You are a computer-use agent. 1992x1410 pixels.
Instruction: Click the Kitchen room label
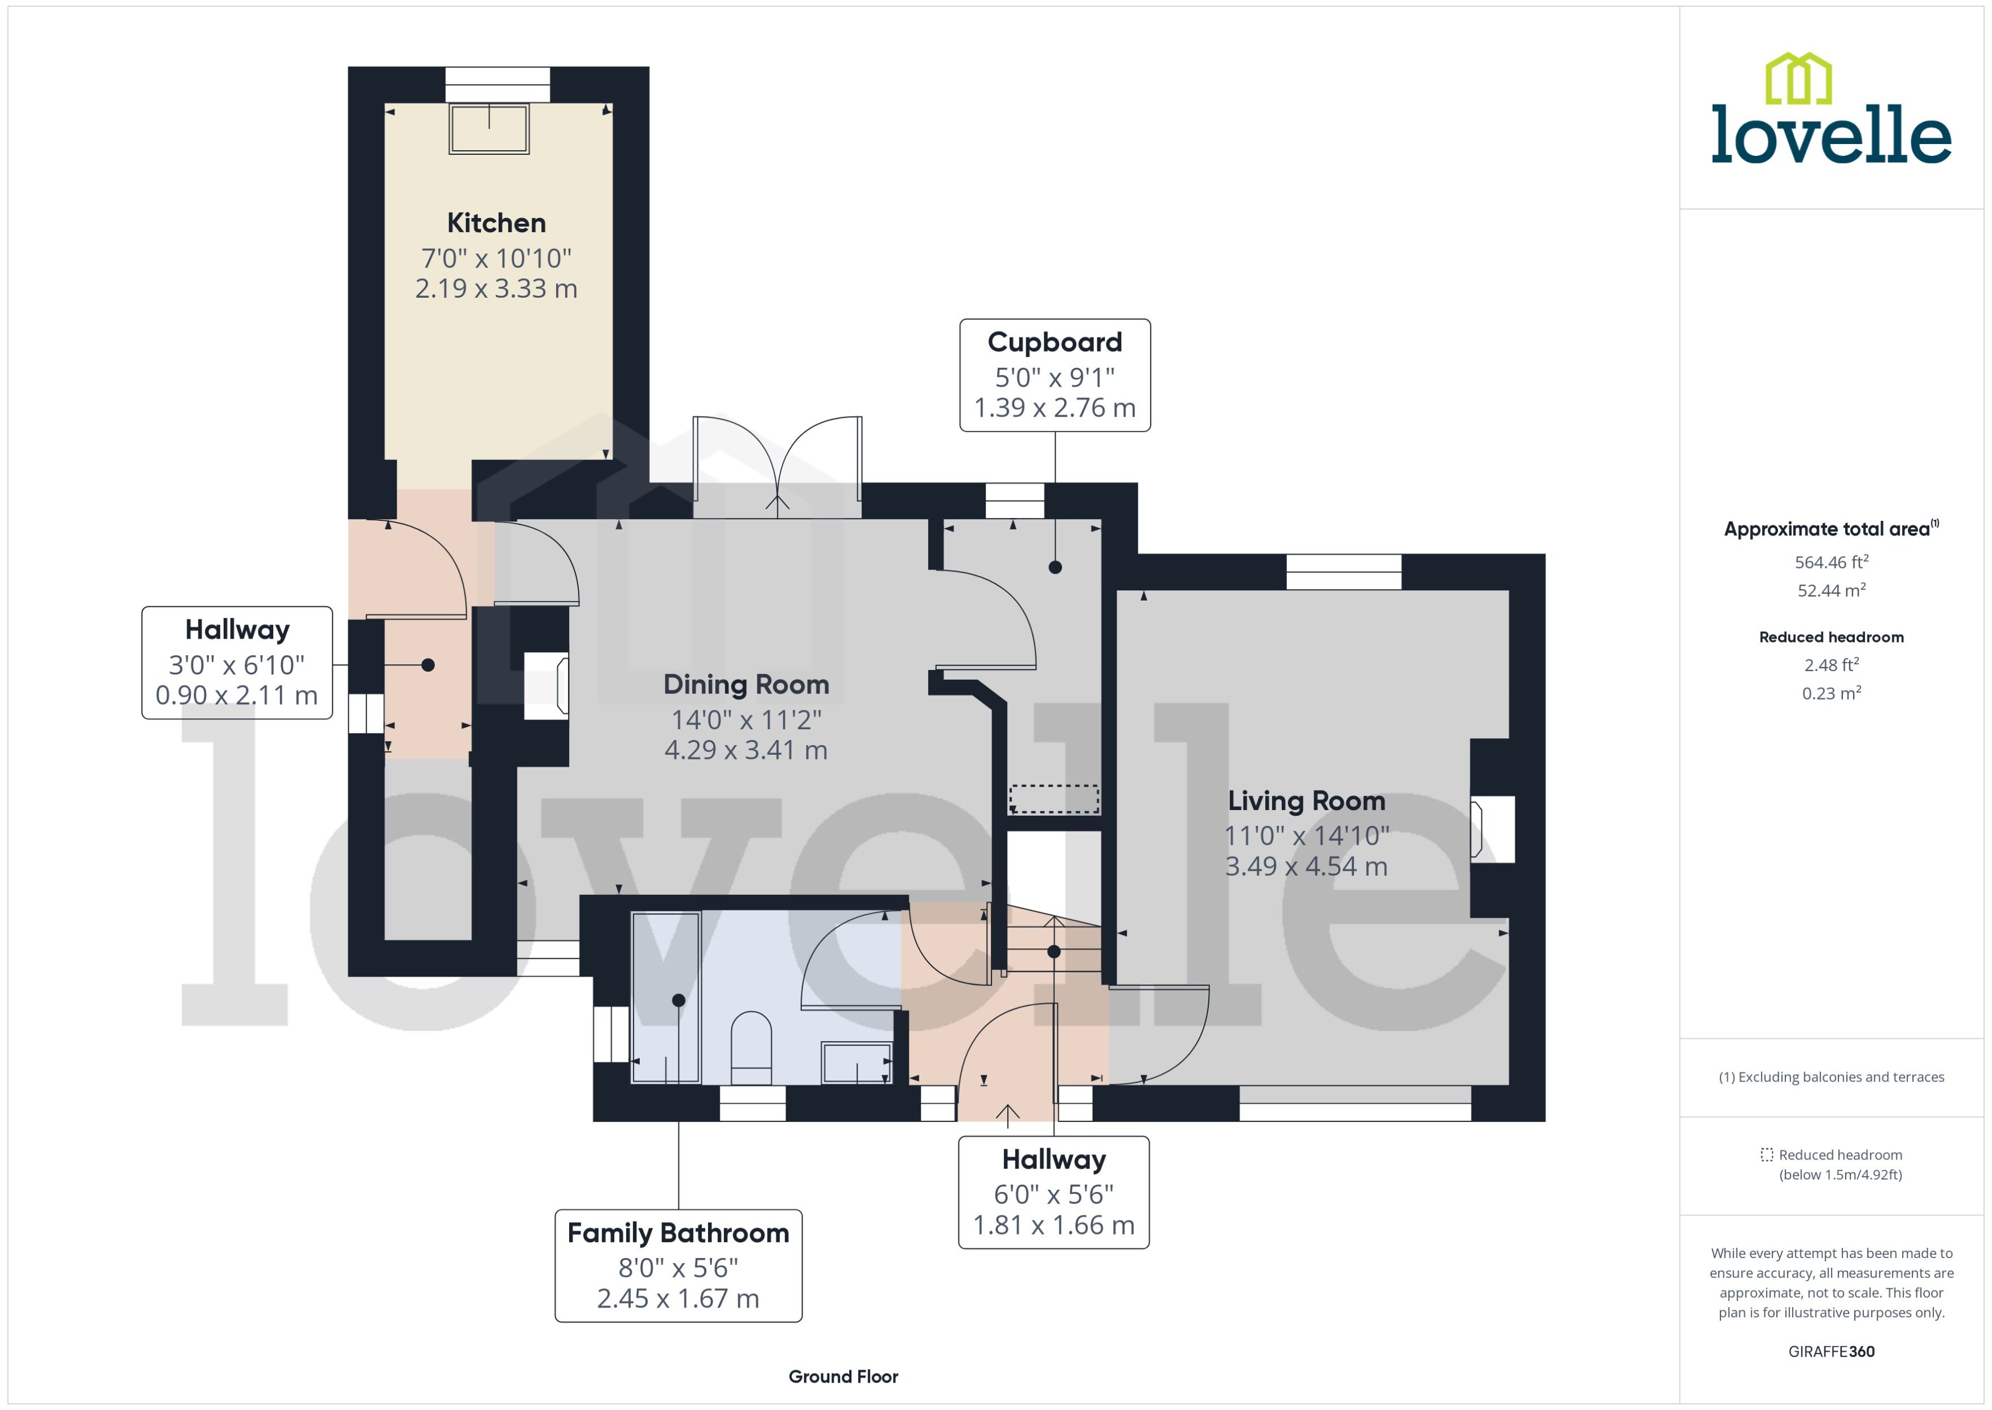pyautogui.click(x=496, y=223)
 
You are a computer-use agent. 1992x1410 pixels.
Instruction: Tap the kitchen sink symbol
pyautogui.click(x=489, y=129)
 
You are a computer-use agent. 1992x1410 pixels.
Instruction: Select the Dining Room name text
pyautogui.click(x=746, y=684)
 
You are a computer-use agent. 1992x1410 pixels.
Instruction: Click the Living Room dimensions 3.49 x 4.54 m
pyautogui.click(x=1306, y=866)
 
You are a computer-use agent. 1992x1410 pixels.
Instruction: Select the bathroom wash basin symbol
pyautogui.click(x=856, y=1062)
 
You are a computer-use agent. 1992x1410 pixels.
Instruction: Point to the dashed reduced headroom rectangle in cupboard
pyautogui.click(x=1053, y=799)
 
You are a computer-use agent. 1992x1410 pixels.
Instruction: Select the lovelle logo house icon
pyautogui.click(x=1797, y=79)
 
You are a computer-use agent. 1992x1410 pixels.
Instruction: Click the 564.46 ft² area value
pyautogui.click(x=1830, y=562)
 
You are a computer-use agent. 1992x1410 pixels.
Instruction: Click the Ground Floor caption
pyautogui.click(x=843, y=1376)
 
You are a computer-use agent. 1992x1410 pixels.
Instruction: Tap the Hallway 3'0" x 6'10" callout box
pyautogui.click(x=237, y=663)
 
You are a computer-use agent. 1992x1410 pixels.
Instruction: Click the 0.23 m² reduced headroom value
pyautogui.click(x=1830, y=693)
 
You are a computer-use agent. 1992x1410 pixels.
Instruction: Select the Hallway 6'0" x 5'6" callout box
pyautogui.click(x=1053, y=1192)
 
